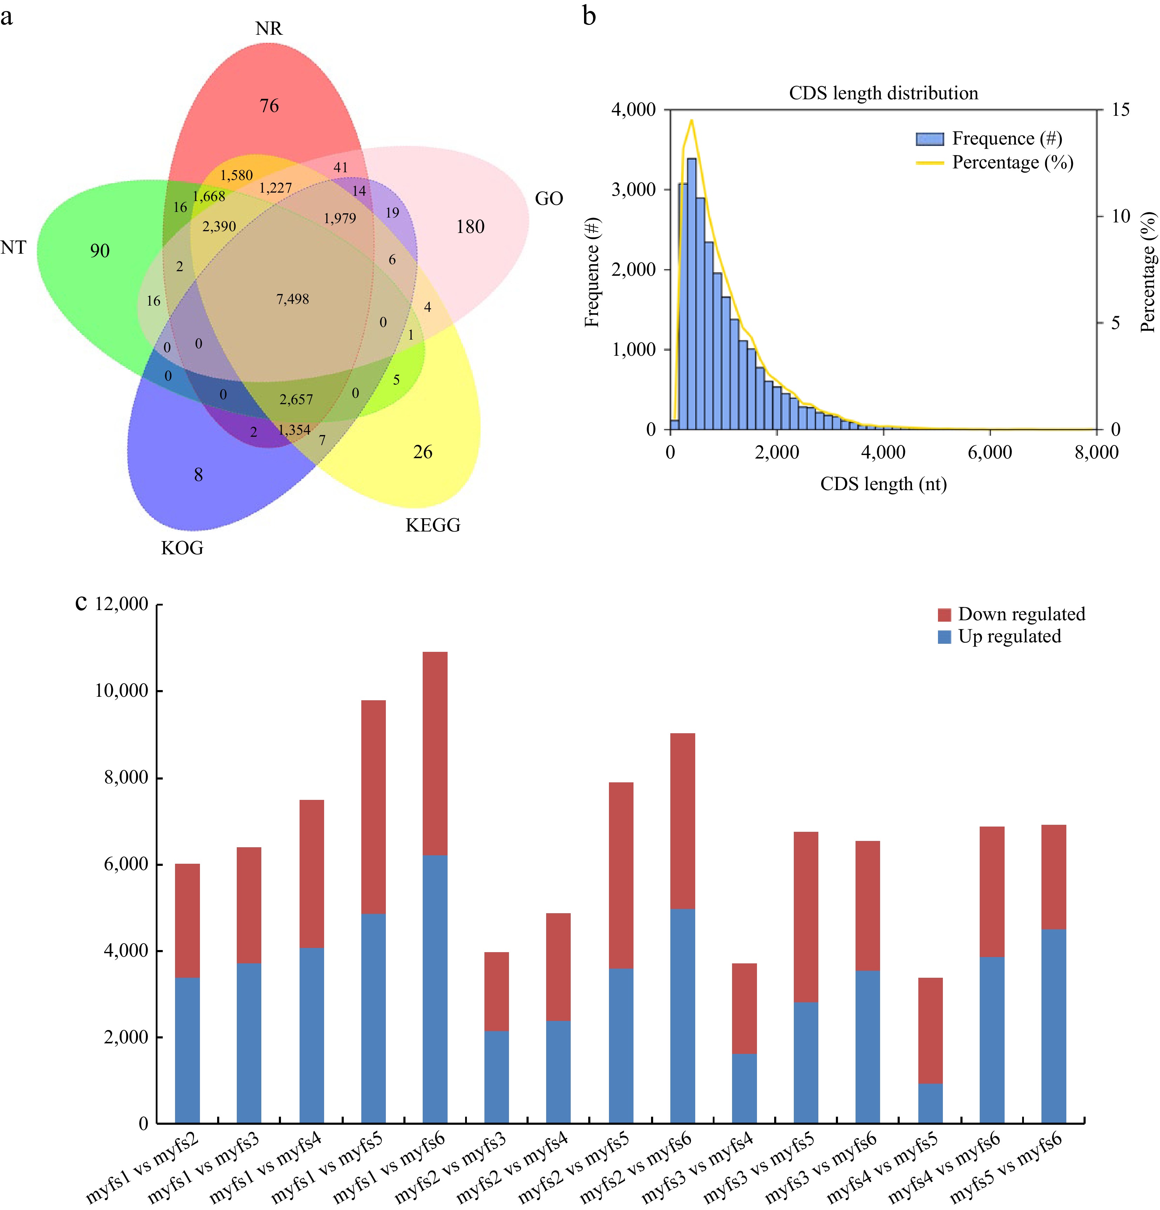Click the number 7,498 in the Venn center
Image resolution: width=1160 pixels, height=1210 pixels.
[x=293, y=299]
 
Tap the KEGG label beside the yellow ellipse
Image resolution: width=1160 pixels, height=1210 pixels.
[x=433, y=525]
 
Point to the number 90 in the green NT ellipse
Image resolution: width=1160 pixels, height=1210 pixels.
[x=100, y=250]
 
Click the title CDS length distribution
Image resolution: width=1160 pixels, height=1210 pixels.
[x=884, y=93]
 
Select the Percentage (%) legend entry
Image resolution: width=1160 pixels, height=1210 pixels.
[x=1012, y=162]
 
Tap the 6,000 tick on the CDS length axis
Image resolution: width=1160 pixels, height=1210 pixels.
[x=990, y=453]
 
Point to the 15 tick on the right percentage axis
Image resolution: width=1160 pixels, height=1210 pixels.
[x=1120, y=110]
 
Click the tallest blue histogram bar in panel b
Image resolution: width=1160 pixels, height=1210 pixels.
[x=691, y=293]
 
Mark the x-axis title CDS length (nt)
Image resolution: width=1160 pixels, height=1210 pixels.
[x=884, y=484]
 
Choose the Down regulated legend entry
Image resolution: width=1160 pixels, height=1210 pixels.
[x=1021, y=614]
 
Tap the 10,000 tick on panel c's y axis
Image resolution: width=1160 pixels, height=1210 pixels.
[x=122, y=691]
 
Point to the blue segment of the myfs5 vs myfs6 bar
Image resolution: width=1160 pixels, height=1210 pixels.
[x=1053, y=1025]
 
